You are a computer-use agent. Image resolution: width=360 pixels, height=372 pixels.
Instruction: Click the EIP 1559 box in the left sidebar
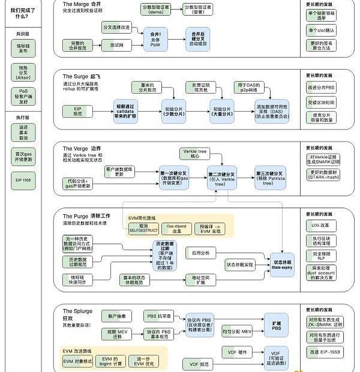(x=23, y=179)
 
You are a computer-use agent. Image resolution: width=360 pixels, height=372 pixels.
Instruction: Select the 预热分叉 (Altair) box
(x=23, y=72)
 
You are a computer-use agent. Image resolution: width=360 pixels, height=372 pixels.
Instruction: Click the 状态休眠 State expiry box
(x=282, y=265)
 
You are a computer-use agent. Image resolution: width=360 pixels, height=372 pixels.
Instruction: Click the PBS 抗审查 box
(x=159, y=314)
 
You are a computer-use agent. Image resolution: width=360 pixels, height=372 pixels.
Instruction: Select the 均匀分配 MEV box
(x=237, y=331)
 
